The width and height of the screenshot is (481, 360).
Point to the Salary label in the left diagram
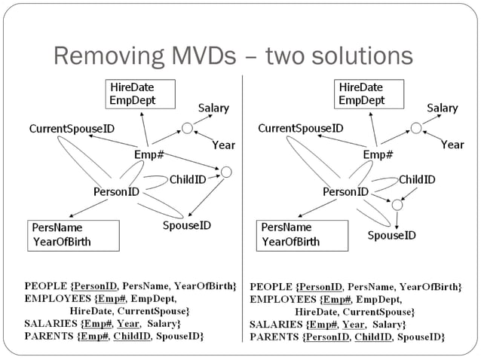click(213, 108)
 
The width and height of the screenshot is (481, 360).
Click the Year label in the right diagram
click(452, 144)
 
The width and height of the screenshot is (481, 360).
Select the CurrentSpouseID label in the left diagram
click(72, 129)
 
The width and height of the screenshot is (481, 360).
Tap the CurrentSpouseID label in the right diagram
click(301, 129)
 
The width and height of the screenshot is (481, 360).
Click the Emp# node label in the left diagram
click(149, 154)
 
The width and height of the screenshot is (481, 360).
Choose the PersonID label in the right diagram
click(345, 191)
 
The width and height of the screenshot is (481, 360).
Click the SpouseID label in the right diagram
click(391, 235)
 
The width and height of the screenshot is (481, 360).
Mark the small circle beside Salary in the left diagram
click(187, 129)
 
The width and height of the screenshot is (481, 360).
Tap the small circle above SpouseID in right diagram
click(397, 203)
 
